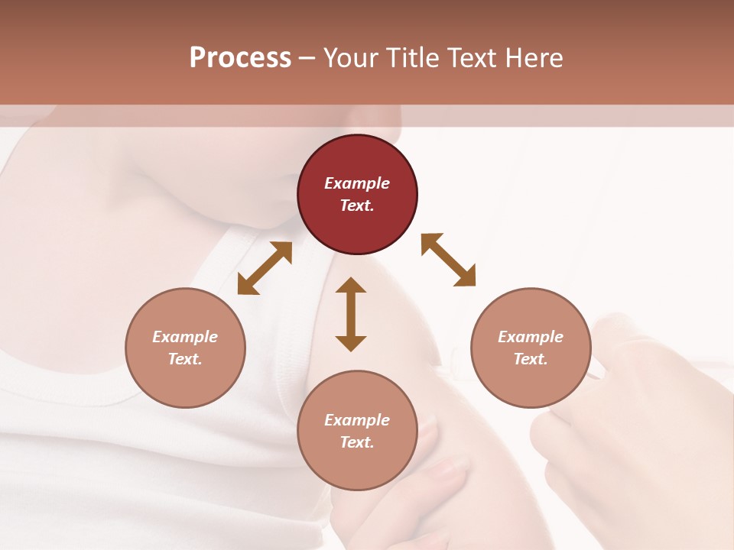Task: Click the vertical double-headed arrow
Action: pyautogui.click(x=351, y=314)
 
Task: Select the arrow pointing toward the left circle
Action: pyautogui.click(x=265, y=268)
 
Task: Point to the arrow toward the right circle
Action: pyautogui.click(x=449, y=260)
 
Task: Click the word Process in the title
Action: pyautogui.click(x=240, y=58)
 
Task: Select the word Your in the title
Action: pyautogui.click(x=351, y=58)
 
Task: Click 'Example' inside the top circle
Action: pyautogui.click(x=357, y=183)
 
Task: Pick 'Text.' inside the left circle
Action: pyautogui.click(x=185, y=359)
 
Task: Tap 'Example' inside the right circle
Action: pyautogui.click(x=531, y=337)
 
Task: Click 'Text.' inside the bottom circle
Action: pyautogui.click(x=357, y=442)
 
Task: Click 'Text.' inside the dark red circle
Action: pyautogui.click(x=357, y=205)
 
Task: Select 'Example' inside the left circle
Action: pyautogui.click(x=185, y=337)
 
